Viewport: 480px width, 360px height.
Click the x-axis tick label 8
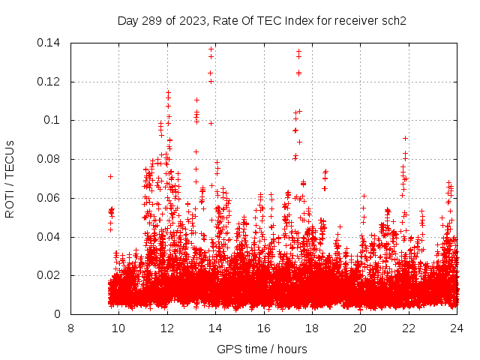coord(70,328)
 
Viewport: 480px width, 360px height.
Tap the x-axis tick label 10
coord(118,328)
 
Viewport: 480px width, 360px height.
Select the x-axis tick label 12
coord(166,328)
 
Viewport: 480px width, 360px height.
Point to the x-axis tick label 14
coord(215,328)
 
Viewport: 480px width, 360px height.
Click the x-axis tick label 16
coord(263,328)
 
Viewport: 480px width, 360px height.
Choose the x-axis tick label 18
coord(312,328)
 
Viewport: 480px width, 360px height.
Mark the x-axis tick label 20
coord(360,328)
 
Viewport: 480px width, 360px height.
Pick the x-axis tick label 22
coord(408,328)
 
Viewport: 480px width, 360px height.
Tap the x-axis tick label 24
coord(457,328)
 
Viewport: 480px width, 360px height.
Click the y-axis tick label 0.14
coord(49,43)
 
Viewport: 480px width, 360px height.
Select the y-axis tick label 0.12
coord(49,82)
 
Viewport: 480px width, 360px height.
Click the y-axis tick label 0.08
coord(49,159)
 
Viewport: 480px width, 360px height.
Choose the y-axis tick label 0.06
coord(49,198)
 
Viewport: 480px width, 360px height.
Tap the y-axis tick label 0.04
coord(49,237)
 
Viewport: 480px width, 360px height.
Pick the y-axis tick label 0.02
coord(49,275)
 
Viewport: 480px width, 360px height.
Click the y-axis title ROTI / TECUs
coord(10,178)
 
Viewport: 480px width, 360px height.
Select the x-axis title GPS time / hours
coord(262,349)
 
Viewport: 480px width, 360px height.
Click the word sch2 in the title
coord(393,21)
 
